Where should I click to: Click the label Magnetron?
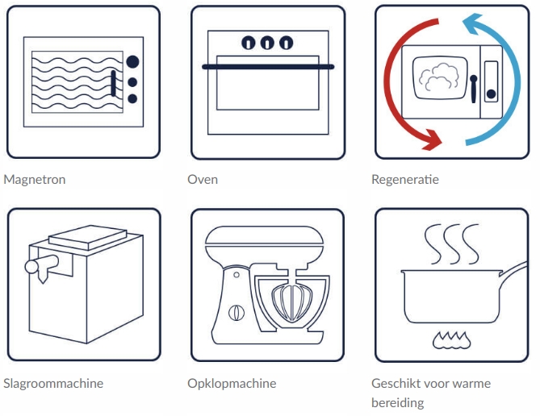[x=35, y=179]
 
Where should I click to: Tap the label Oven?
[x=202, y=179]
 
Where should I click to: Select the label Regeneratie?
[x=405, y=179]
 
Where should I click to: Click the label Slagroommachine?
[x=53, y=383]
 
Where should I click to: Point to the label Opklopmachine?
[x=232, y=383]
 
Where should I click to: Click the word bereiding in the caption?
[x=397, y=402]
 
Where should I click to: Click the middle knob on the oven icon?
[x=267, y=43]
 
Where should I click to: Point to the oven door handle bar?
[x=268, y=67]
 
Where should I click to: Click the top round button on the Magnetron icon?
[x=132, y=61]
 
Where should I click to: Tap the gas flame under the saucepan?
[x=453, y=340]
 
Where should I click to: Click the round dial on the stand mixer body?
[x=235, y=312]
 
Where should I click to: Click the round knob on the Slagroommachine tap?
[x=32, y=265]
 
